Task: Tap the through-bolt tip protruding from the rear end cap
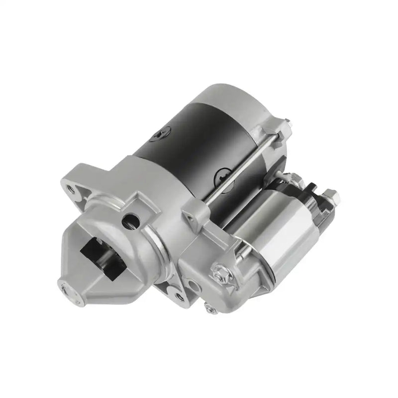tap(286, 120)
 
